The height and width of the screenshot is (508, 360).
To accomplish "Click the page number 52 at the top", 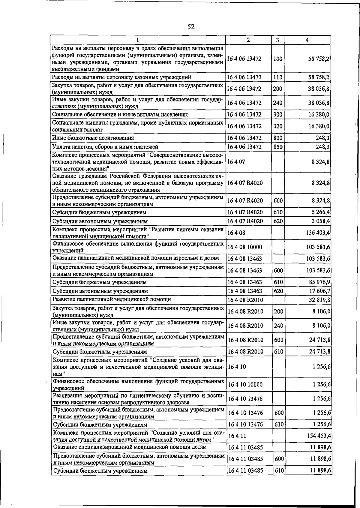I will (191, 27).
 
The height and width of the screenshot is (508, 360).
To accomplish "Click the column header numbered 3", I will (278, 40).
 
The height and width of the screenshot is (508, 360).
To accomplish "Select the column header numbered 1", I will (137, 40).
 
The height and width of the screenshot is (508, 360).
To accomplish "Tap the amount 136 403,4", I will (318, 233).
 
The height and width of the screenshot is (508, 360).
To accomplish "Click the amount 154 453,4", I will (319, 435).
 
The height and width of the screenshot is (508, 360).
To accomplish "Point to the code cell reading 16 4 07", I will (236, 161).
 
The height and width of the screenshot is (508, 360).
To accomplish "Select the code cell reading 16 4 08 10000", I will (245, 247).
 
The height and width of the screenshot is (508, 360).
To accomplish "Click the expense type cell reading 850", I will (278, 147).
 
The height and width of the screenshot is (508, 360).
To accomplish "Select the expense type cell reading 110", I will (278, 77).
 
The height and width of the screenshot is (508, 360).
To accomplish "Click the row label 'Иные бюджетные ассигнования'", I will (93, 138).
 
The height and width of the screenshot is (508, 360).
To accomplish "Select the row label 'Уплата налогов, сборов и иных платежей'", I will (105, 147).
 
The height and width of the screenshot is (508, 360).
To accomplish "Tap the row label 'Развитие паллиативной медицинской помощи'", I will (112, 299).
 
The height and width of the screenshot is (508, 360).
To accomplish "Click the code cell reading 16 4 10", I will (237, 367).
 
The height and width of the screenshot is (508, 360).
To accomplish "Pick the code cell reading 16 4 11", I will (237, 435).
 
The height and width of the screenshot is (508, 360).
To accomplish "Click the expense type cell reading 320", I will (278, 126).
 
